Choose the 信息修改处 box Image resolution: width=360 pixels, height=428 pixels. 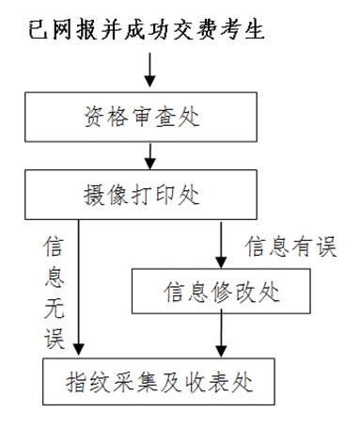[223, 293]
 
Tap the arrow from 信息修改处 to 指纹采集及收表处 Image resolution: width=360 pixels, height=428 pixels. [222, 335]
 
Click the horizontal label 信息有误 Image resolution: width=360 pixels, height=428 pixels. [290, 246]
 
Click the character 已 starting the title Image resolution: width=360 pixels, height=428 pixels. [42, 31]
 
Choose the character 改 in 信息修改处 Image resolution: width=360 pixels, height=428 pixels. [246, 293]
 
